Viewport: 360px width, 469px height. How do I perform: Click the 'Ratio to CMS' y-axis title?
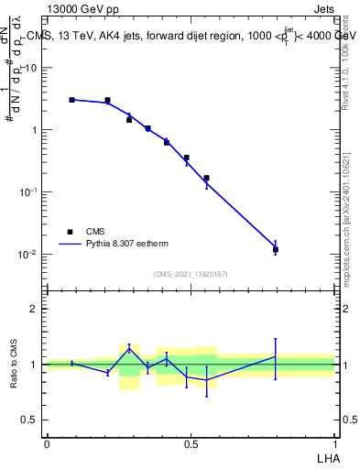[14, 364]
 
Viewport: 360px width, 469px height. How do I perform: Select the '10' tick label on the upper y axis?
[31, 68]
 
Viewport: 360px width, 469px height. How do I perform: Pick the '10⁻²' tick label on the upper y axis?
[28, 254]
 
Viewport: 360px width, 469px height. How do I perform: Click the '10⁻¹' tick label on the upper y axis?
[28, 191]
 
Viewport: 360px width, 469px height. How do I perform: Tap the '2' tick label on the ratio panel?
[36, 309]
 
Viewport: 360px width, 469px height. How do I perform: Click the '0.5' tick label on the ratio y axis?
[30, 420]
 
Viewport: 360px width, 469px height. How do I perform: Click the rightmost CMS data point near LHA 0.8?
[275, 249]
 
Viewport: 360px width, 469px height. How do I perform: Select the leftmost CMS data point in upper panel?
[71, 100]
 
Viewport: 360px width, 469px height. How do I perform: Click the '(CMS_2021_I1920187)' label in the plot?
[190, 274]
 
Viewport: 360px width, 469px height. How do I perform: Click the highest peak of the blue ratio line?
[129, 347]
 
